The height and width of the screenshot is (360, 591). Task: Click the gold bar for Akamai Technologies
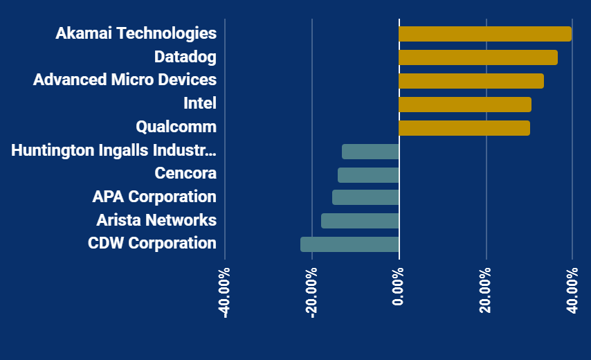tap(485, 34)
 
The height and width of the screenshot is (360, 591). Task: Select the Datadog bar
tap(478, 57)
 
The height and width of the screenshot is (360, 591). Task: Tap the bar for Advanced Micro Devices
tap(471, 81)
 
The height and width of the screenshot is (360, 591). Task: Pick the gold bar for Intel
tap(465, 105)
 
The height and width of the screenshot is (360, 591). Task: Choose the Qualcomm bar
tap(464, 128)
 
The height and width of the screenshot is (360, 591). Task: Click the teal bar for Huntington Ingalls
tap(370, 152)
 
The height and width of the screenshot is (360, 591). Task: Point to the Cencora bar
tap(368, 175)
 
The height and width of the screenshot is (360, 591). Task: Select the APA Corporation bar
tap(365, 197)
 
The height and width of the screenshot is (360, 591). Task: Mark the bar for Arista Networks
tap(360, 221)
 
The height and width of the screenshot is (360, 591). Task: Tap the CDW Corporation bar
tap(349, 244)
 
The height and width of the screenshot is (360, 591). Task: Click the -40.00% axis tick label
tap(224, 293)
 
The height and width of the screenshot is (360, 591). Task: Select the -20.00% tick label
tap(311, 293)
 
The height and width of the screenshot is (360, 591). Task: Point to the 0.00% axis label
tap(398, 287)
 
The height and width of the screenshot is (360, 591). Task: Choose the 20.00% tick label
tap(486, 290)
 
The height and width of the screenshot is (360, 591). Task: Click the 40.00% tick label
tap(572, 290)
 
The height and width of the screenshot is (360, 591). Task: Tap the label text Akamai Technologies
tap(136, 33)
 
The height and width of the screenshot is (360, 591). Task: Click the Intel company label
tap(200, 103)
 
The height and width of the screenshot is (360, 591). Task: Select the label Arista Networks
tap(156, 220)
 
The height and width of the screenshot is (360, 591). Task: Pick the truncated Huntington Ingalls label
tap(113, 150)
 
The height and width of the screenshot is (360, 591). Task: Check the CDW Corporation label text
tap(152, 243)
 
